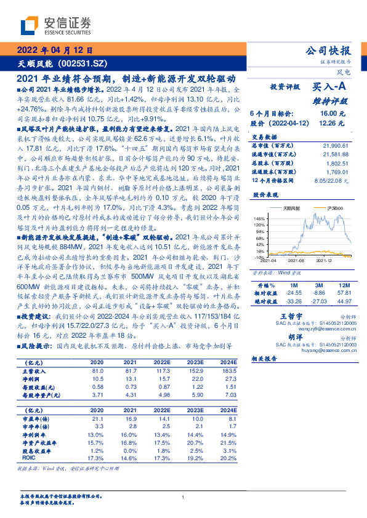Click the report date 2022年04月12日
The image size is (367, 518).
point(54,51)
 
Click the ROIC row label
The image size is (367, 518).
point(29,458)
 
